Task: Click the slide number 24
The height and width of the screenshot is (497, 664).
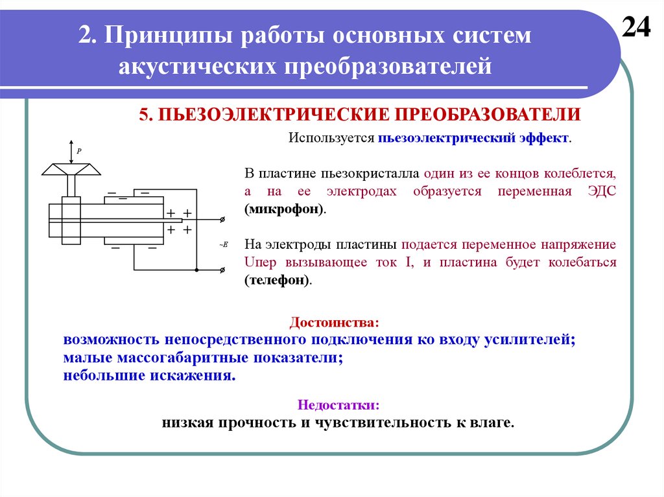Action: pos(636,28)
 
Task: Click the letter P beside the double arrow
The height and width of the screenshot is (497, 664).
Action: pos(79,150)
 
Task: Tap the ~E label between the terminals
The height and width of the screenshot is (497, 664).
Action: pos(222,244)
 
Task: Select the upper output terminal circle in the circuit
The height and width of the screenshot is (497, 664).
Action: pos(223,220)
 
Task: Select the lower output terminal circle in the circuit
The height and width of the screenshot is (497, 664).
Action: pos(223,270)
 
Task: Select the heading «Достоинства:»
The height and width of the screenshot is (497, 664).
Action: pos(332,322)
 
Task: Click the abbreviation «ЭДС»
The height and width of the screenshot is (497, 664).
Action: pos(600,192)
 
